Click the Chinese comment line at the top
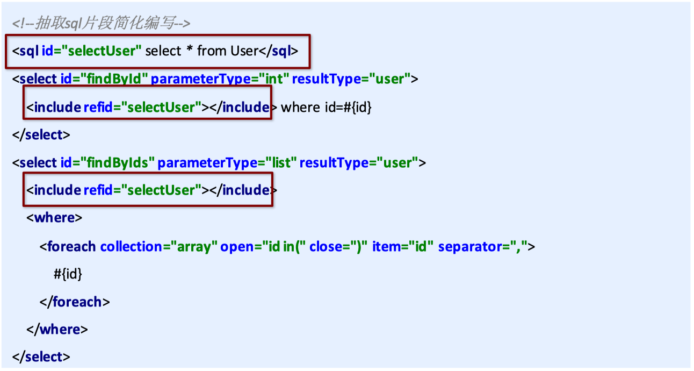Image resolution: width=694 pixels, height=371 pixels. (x=101, y=24)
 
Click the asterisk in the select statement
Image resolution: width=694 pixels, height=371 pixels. (x=190, y=51)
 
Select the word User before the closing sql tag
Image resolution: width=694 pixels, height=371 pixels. (x=244, y=51)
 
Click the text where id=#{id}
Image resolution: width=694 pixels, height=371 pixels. (x=327, y=108)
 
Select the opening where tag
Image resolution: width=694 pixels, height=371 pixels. (x=54, y=218)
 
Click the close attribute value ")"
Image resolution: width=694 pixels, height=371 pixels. (x=358, y=247)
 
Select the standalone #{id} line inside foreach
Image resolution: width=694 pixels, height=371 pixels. (x=68, y=274)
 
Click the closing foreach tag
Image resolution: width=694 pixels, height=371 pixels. (x=75, y=302)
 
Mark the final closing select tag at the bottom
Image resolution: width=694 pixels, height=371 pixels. (x=41, y=356)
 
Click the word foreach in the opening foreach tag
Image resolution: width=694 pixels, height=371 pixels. (x=71, y=247)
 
